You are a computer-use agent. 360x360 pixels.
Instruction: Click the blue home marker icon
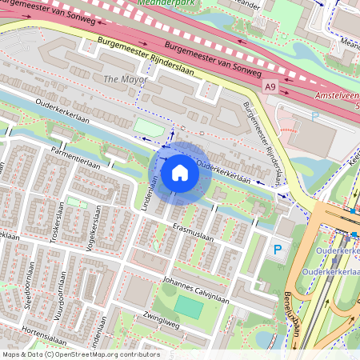point(180,172)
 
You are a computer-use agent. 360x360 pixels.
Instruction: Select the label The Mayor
point(121,78)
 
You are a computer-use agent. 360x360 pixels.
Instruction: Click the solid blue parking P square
point(277,250)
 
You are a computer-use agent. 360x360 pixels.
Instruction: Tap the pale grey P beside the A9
point(314,116)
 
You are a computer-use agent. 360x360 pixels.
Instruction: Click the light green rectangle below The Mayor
point(146,126)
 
